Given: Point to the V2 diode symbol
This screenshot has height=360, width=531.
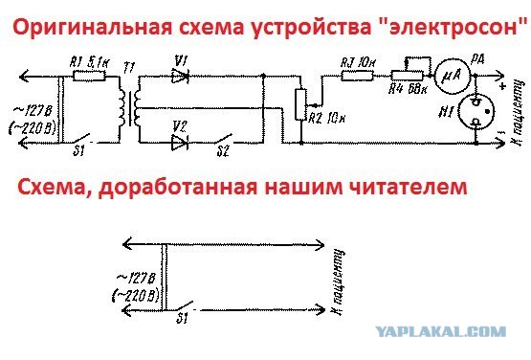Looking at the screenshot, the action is (177, 143).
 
